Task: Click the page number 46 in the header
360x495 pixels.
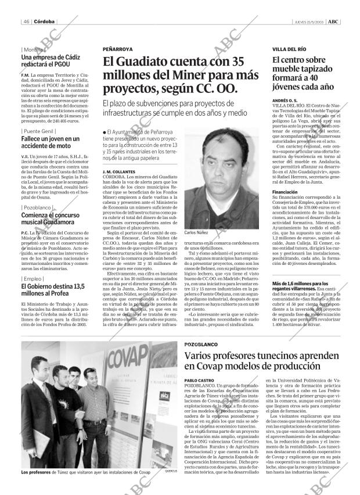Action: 27,21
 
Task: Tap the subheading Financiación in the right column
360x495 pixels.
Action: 285,191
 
